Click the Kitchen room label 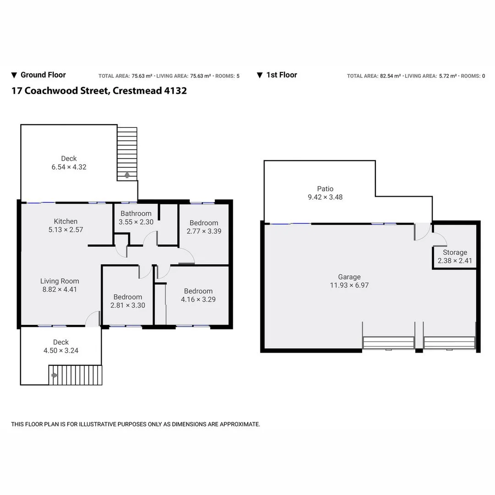66,221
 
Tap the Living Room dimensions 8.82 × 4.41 60,290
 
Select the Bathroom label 136,214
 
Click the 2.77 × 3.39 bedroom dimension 204,231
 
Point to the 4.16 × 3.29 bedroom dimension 198,300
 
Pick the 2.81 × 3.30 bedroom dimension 128,305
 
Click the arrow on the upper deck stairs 127,175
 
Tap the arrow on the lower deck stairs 55,375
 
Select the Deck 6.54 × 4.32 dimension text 69,167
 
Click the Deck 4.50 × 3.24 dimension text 60,351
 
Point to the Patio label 325,189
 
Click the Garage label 349,277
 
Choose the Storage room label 455,253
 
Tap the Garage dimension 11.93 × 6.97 349,285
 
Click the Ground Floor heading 43,75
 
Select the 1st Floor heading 281,75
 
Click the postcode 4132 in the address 176,91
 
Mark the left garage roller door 388,343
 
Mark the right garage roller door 449,343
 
